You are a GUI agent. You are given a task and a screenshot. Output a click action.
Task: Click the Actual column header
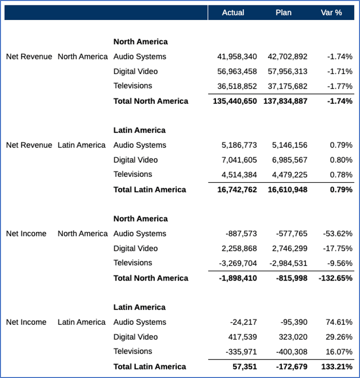tap(233, 13)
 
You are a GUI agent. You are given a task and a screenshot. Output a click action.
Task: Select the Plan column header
tap(284, 13)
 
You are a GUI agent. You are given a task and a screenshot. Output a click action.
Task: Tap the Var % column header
tap(331, 13)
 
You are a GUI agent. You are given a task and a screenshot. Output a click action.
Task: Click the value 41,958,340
tap(237, 57)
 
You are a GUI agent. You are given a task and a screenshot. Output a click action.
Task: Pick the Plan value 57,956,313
tap(287, 71)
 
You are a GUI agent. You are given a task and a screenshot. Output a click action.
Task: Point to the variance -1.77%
tap(340, 86)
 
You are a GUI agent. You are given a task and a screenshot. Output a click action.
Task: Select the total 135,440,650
tap(235, 101)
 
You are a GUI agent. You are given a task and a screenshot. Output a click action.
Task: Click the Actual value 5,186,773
tap(239, 145)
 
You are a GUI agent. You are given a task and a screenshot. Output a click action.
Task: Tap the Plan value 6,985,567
tap(289, 160)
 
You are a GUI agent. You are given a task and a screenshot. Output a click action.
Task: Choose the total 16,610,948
tap(287, 189)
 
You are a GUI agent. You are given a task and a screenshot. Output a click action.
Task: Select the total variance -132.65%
tap(336, 278)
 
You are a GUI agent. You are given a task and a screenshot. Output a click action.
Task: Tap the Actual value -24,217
tap(244, 322)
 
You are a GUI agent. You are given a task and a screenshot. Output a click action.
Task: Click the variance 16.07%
tap(339, 351)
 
